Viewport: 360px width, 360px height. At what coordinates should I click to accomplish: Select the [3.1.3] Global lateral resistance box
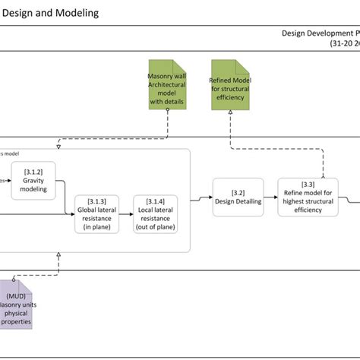click(97, 213)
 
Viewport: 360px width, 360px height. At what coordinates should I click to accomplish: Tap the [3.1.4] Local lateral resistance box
click(156, 213)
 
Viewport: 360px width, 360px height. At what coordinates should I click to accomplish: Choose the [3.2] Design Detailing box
click(238, 197)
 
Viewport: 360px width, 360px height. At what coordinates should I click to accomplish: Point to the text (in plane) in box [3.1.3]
click(97, 226)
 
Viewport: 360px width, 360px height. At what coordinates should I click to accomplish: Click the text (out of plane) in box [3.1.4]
click(156, 226)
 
